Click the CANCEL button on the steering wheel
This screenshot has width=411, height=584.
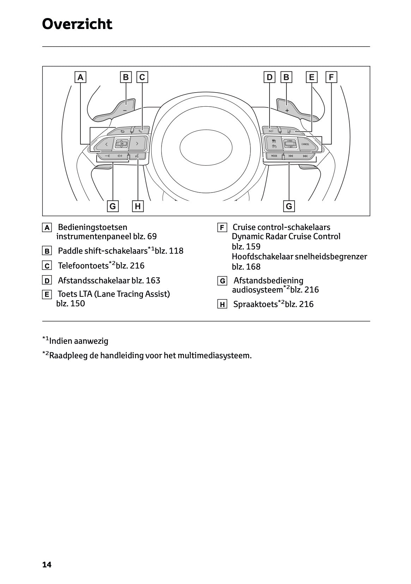[306, 144]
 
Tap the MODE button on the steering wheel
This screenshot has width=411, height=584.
[274, 156]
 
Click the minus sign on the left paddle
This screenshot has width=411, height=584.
[125, 111]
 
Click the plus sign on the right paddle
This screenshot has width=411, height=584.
[287, 111]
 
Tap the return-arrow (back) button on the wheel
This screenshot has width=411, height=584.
[122, 131]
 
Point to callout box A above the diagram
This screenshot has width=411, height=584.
[80, 77]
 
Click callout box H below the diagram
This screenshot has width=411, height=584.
[138, 206]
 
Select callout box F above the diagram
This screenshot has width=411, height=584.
[331, 77]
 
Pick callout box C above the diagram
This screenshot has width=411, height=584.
[142, 77]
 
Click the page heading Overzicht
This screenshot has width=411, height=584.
[77, 24]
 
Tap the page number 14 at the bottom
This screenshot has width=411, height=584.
[47, 565]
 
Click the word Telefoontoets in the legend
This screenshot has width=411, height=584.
[83, 266]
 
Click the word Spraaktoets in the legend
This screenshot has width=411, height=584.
[255, 304]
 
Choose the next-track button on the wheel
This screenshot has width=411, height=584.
[305, 156]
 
